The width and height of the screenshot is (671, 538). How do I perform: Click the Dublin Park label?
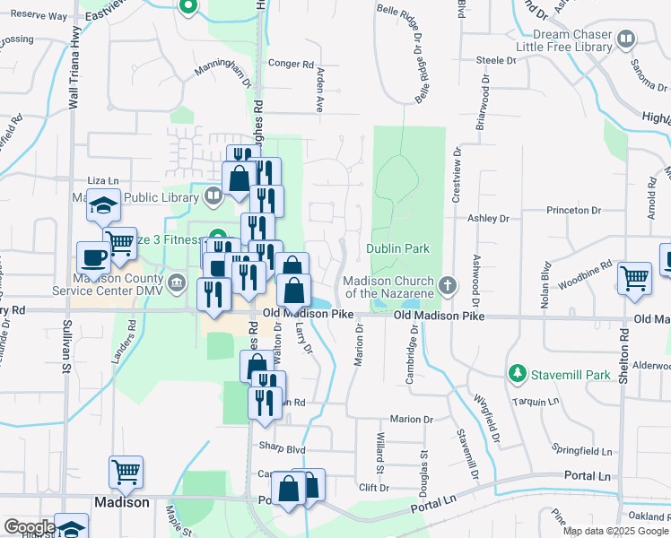(397, 248)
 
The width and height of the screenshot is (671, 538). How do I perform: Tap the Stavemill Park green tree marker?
(517, 372)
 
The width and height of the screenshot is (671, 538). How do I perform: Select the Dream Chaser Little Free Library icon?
(625, 39)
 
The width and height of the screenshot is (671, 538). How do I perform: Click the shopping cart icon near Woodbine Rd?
(634, 278)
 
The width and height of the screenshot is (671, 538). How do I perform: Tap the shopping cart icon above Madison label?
(126, 473)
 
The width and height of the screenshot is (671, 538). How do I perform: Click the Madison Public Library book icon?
(213, 195)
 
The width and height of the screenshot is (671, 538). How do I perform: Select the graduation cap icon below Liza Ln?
(104, 207)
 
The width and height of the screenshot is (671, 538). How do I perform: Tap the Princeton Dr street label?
(574, 210)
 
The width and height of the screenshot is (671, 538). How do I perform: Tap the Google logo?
(29, 527)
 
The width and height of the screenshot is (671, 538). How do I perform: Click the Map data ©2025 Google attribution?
(616, 531)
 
